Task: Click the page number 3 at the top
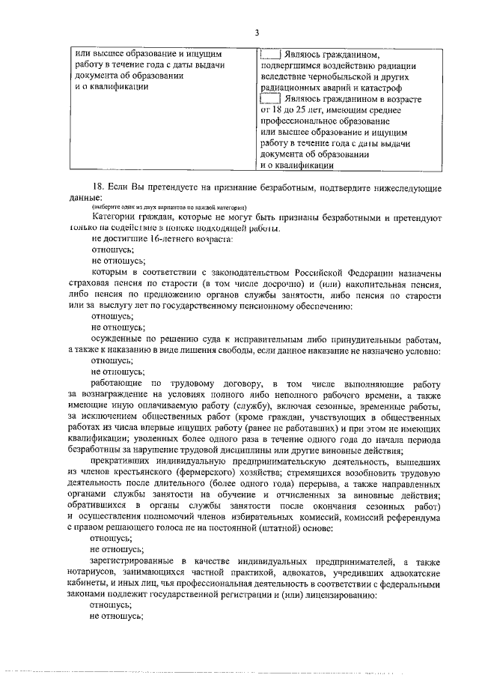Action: pos(256,33)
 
